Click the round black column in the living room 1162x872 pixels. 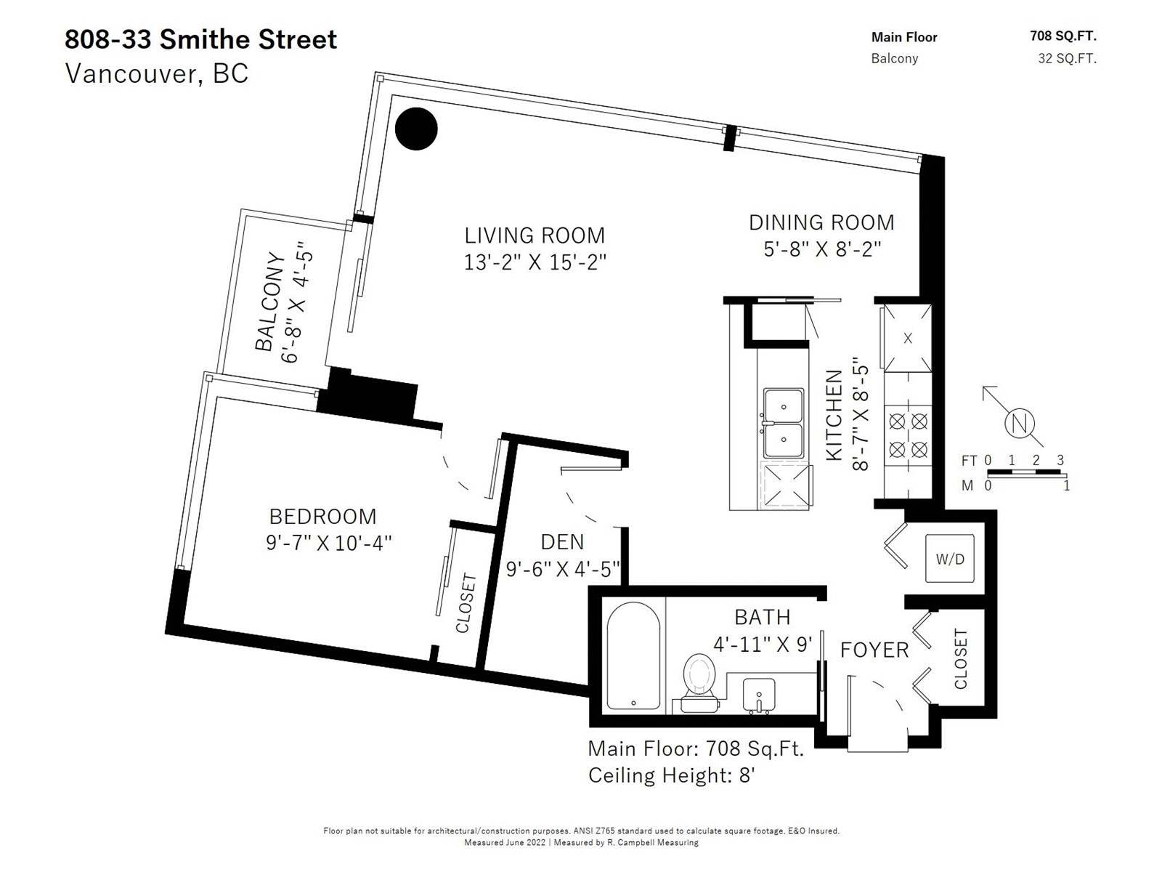(x=416, y=129)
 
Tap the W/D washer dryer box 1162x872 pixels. (x=950, y=559)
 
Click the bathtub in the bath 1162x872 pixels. (x=633, y=655)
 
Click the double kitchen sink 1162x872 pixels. (x=783, y=423)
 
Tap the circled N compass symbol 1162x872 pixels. (x=1019, y=424)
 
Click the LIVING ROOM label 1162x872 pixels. (x=535, y=235)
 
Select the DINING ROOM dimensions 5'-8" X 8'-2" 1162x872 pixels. (x=822, y=249)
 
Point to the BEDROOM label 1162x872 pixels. (x=323, y=516)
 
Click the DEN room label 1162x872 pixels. (x=562, y=542)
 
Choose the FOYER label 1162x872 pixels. (x=874, y=650)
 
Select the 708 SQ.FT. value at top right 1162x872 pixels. (x=1063, y=36)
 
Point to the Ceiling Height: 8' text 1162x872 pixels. (x=671, y=775)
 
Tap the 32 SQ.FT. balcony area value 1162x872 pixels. (x=1068, y=58)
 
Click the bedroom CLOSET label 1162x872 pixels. (x=466, y=602)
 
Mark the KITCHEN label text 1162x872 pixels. (x=834, y=415)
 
